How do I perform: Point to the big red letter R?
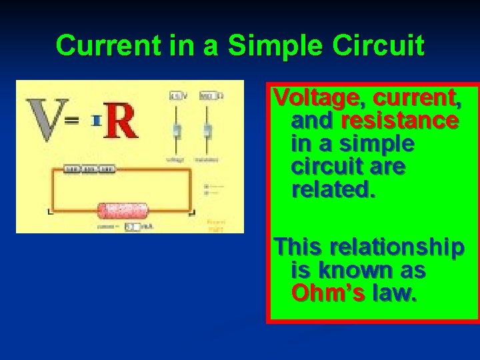(x=120, y=121)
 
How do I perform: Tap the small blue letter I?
(x=96, y=121)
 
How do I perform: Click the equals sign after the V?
(x=72, y=121)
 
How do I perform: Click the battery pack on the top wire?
(x=89, y=169)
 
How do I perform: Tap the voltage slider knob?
(x=177, y=130)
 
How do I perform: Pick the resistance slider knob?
(x=207, y=130)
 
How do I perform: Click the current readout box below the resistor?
(x=133, y=227)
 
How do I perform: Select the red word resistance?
(x=399, y=121)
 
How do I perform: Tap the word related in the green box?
(x=333, y=190)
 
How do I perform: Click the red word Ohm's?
(x=327, y=293)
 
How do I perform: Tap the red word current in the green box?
(x=417, y=98)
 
